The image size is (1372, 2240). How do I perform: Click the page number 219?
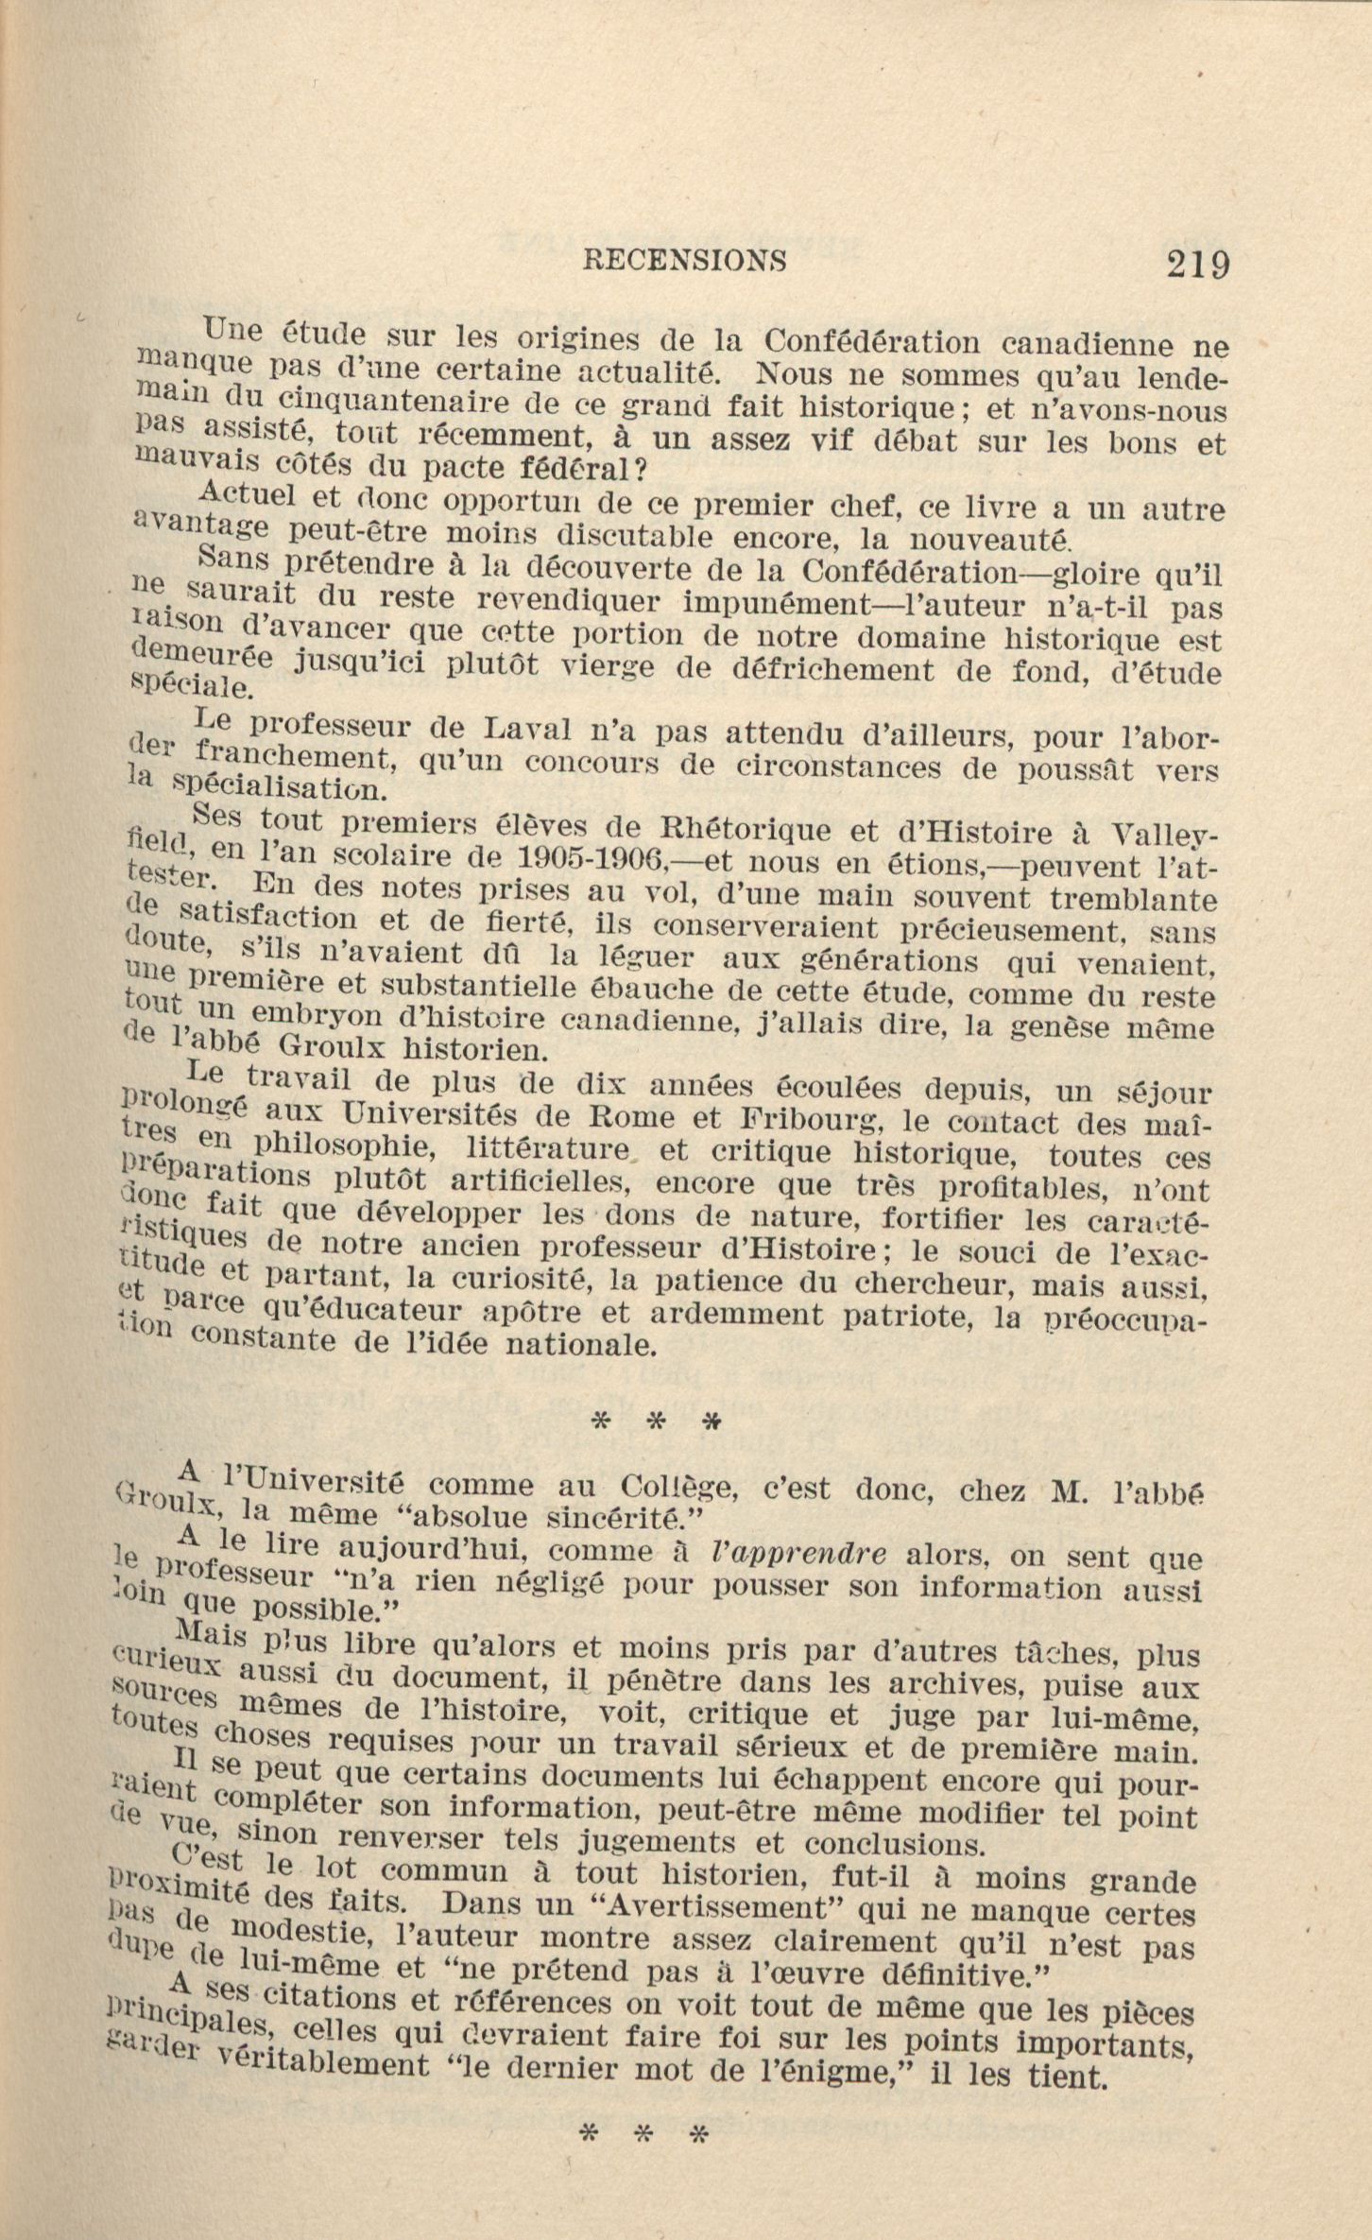[1197, 264]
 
